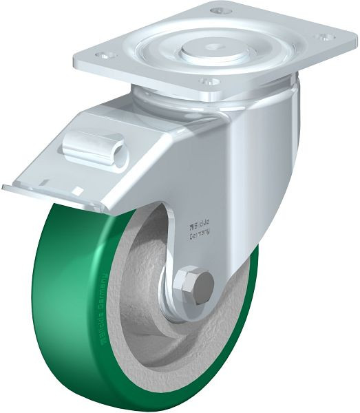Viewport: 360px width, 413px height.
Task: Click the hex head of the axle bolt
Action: (x=194, y=286)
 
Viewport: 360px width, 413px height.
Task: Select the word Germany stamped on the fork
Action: (x=200, y=233)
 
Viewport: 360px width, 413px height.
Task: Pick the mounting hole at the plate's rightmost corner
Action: (x=321, y=36)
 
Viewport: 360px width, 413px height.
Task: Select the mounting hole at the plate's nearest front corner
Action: (x=205, y=81)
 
